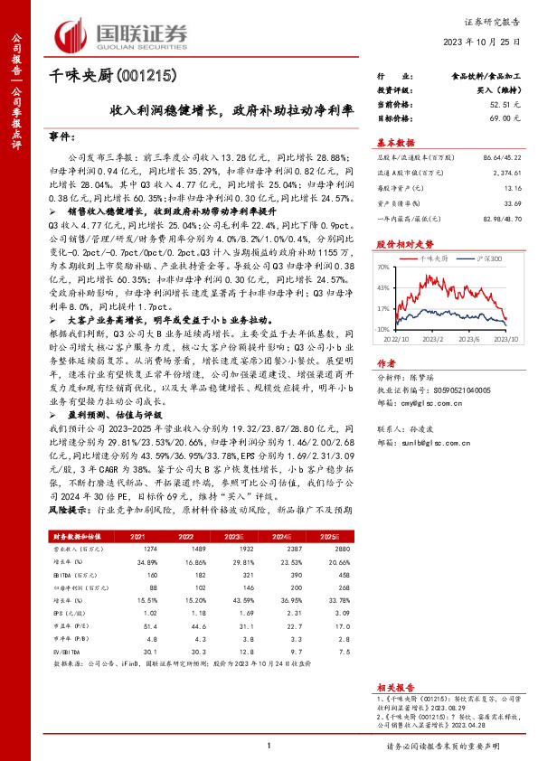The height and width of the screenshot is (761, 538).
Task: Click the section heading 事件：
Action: (61, 136)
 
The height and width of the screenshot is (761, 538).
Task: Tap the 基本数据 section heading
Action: (394, 142)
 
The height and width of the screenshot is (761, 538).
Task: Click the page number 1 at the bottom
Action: (269, 746)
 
